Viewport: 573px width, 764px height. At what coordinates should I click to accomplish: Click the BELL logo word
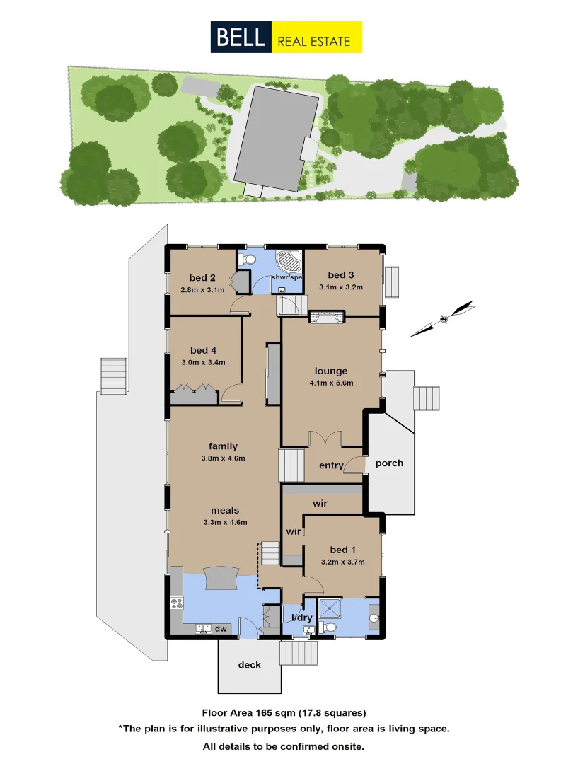[x=241, y=37]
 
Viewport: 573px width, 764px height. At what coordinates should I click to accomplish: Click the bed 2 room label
[x=202, y=278]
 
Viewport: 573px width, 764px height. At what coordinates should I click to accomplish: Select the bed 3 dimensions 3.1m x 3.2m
[x=340, y=287]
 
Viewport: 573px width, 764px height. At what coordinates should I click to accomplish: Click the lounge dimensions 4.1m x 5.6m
[x=331, y=383]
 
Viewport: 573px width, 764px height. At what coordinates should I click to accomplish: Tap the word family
[x=223, y=446]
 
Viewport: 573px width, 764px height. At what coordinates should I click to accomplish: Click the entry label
[x=331, y=465]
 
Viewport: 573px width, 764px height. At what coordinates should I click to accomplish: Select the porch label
[x=389, y=463]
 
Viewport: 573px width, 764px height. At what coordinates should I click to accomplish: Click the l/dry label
[x=302, y=618]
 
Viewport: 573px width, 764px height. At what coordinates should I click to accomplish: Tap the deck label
[x=249, y=664]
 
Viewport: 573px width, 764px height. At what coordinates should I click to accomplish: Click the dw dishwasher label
[x=221, y=627]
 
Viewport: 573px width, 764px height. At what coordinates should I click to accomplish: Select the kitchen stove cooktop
[x=177, y=604]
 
